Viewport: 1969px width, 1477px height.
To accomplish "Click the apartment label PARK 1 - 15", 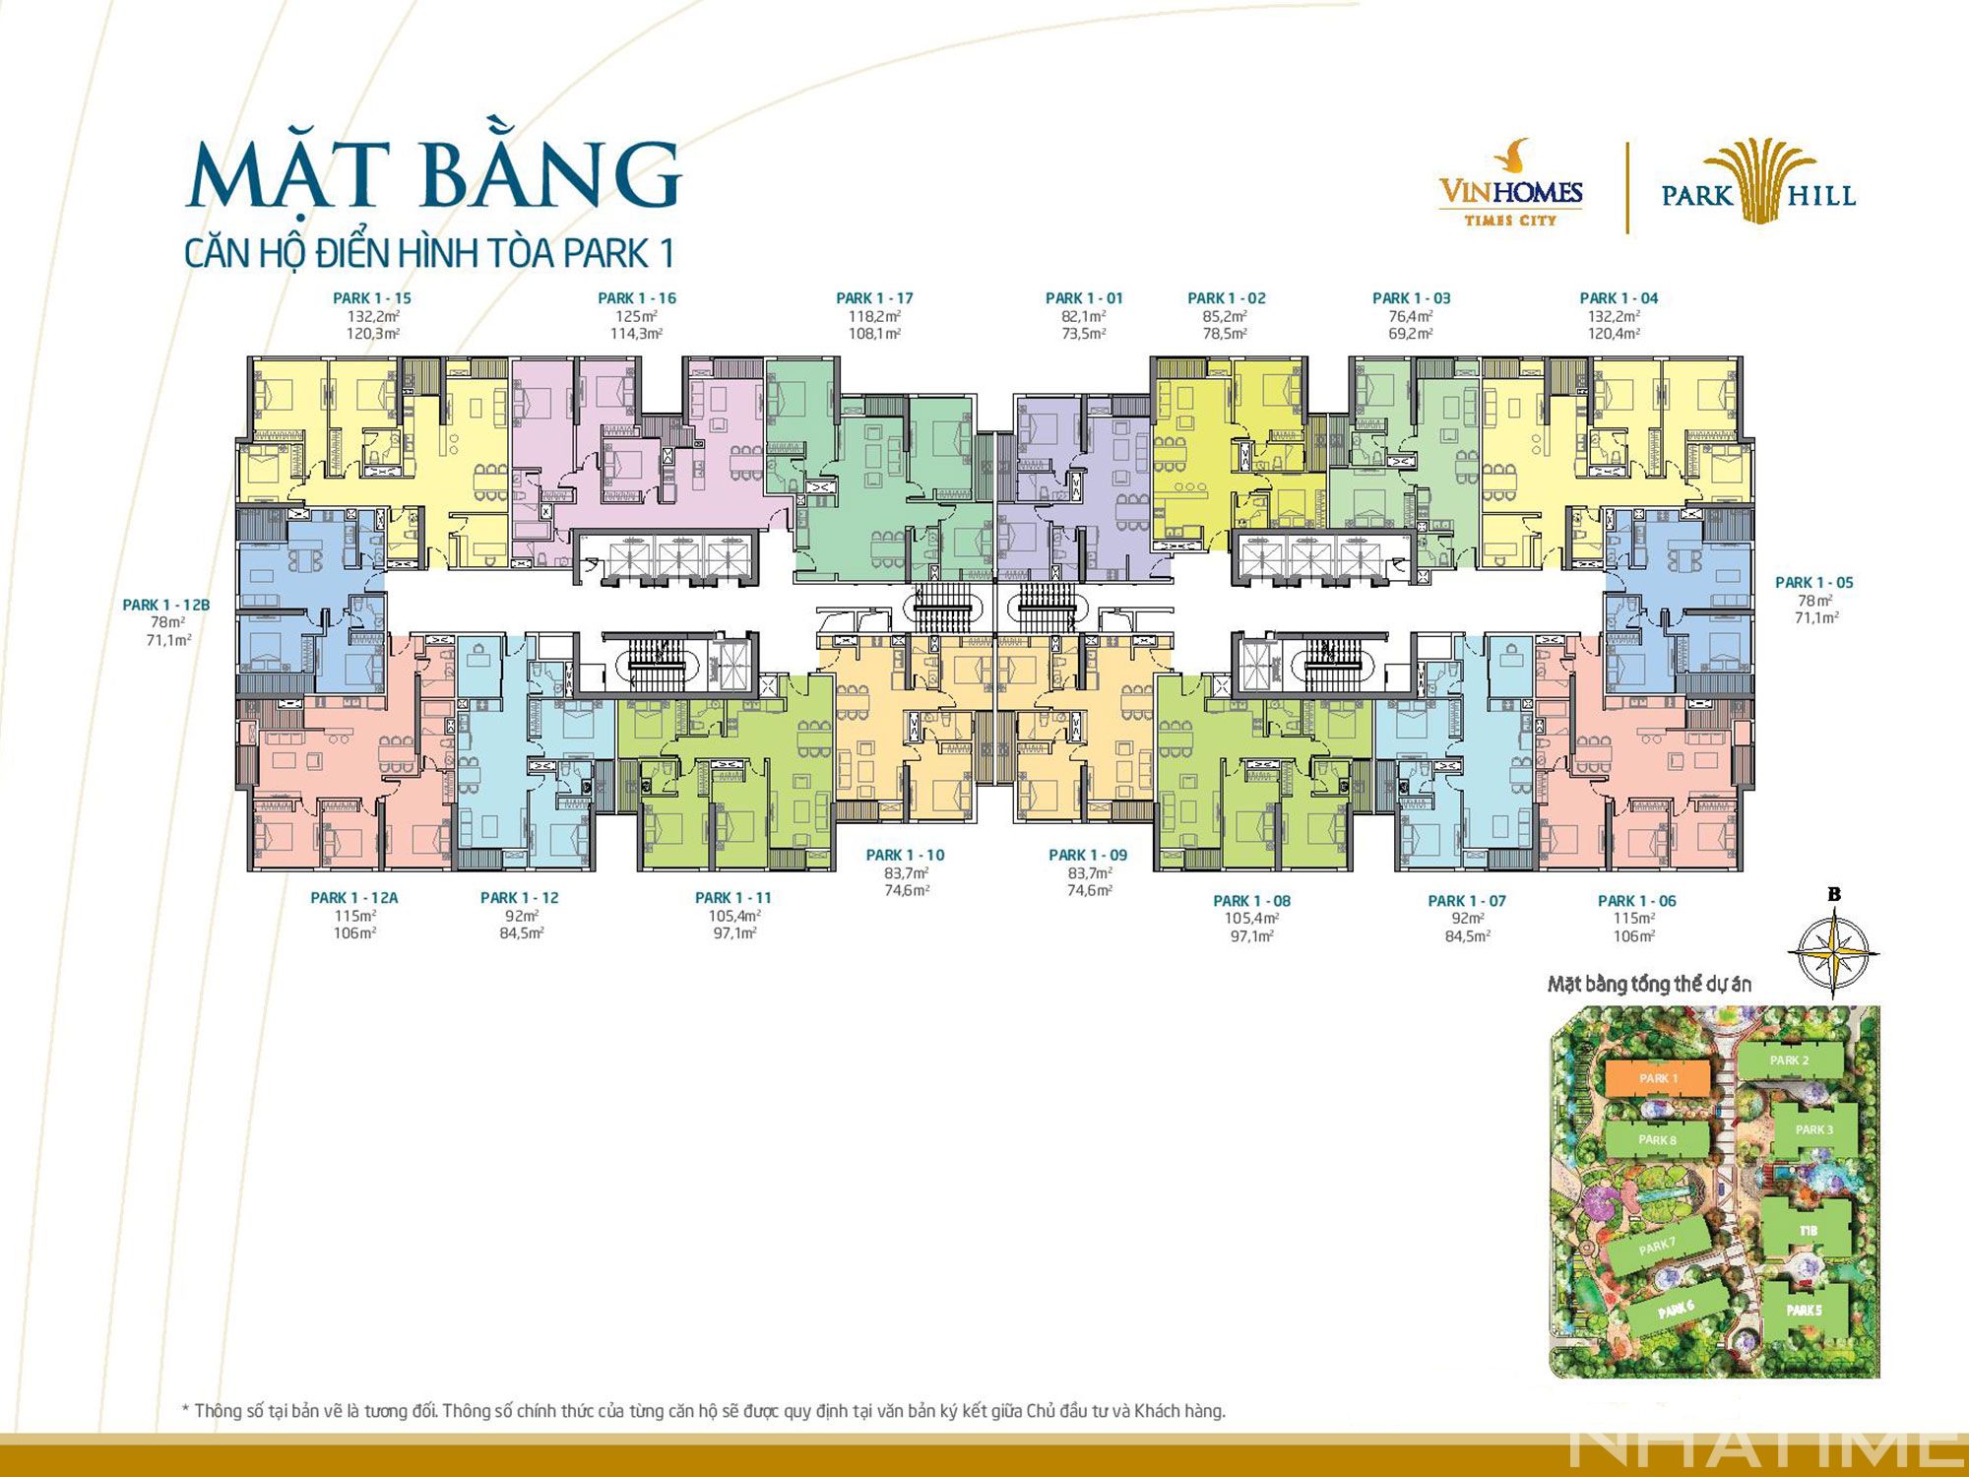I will click(x=372, y=298).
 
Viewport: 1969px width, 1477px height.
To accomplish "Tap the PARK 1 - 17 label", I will click(x=874, y=298).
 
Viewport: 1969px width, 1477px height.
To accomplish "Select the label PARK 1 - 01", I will click(x=1084, y=298).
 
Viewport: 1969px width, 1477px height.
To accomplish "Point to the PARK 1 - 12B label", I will click(x=166, y=605).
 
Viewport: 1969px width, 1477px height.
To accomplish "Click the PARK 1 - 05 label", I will click(x=1813, y=583).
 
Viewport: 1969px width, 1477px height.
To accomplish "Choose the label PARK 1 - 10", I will click(x=905, y=855).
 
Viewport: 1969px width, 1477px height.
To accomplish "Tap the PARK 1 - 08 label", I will click(x=1251, y=901).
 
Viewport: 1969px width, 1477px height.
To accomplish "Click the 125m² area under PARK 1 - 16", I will click(x=636, y=316).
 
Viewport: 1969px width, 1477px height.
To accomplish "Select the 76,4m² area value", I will click(x=1411, y=316).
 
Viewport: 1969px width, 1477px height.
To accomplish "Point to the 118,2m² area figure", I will click(x=874, y=316).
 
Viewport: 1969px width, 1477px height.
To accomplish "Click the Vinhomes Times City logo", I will click(x=1511, y=187).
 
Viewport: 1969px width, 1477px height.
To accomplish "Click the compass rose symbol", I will click(x=1832, y=950).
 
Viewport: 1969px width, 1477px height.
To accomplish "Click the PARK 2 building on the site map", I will click(x=1789, y=1060).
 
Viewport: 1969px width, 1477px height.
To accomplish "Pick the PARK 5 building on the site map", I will click(x=1804, y=1311).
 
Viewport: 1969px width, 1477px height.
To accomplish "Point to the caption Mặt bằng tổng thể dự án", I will click(x=1649, y=984).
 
